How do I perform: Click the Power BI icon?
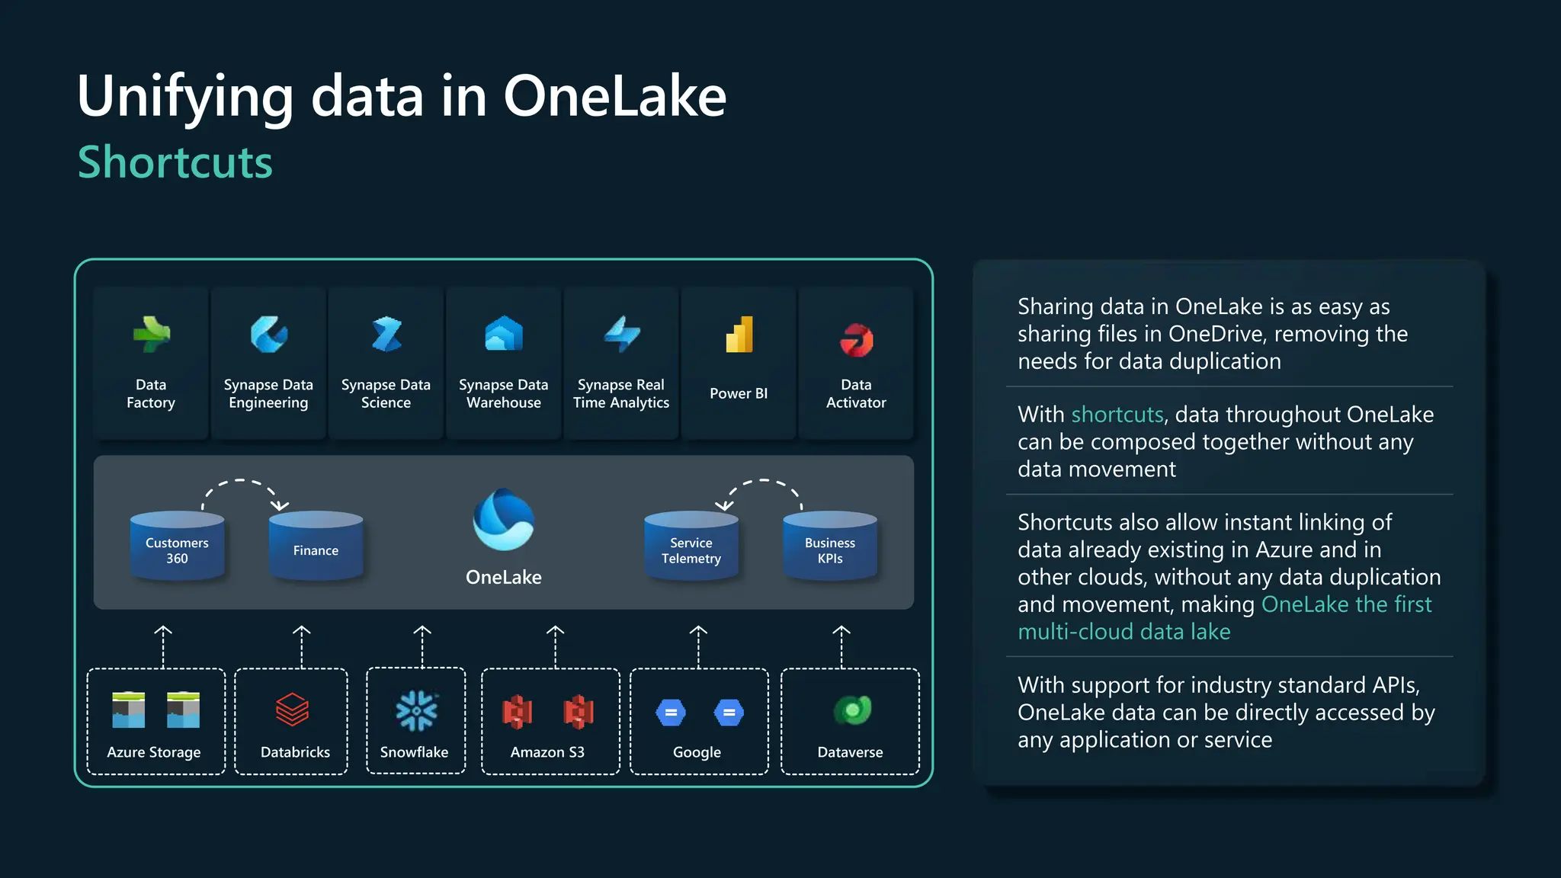(739, 335)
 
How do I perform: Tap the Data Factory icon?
(151, 335)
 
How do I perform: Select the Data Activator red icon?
(856, 340)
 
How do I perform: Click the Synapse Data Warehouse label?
(503, 394)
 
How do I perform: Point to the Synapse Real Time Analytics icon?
(621, 335)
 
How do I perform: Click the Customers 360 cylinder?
(177, 546)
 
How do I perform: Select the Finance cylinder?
(316, 546)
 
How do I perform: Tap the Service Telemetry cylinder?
(691, 546)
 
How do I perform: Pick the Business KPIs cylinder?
(830, 546)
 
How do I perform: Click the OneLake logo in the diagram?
(503, 520)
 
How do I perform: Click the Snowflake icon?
(416, 710)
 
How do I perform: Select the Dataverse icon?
(852, 710)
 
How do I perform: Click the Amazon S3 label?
(547, 752)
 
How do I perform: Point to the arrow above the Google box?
(698, 647)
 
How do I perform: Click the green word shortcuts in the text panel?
(1117, 415)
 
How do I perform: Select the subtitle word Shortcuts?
(175, 162)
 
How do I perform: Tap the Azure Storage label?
(154, 752)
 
